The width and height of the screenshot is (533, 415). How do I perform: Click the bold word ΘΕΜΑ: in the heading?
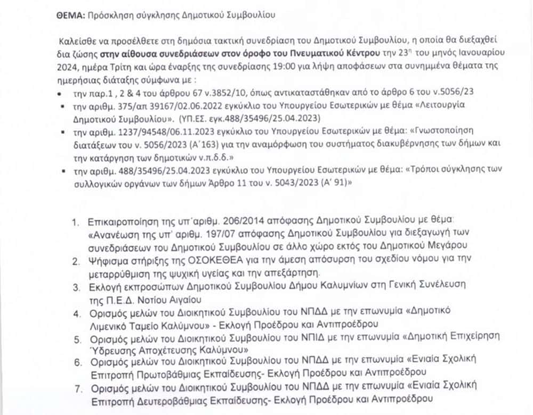click(x=69, y=16)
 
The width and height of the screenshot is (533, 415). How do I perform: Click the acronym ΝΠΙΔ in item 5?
click(x=337, y=338)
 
